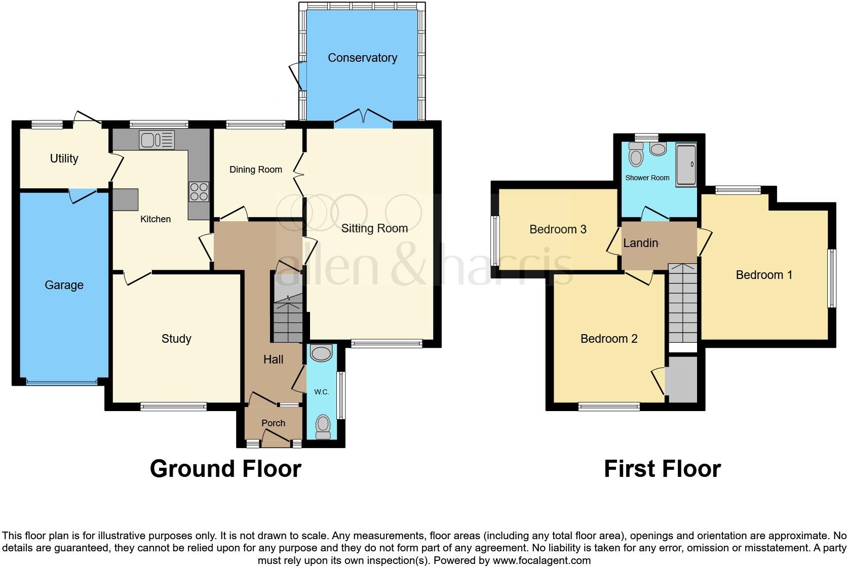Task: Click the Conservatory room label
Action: (362, 58)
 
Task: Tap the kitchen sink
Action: (157, 140)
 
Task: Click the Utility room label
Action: (64, 158)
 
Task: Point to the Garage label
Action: (64, 285)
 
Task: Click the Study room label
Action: (176, 339)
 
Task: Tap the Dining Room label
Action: (256, 170)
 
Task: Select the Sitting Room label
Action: (374, 228)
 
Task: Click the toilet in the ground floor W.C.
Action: (323, 427)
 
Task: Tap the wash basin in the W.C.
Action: (321, 353)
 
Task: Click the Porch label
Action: (273, 423)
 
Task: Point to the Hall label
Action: (273, 359)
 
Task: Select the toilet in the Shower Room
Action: (635, 154)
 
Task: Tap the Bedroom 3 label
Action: (558, 229)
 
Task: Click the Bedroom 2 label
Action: (609, 339)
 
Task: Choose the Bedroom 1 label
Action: (764, 275)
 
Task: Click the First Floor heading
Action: (662, 469)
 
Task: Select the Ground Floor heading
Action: (225, 469)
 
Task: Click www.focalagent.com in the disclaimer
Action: (542, 560)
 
